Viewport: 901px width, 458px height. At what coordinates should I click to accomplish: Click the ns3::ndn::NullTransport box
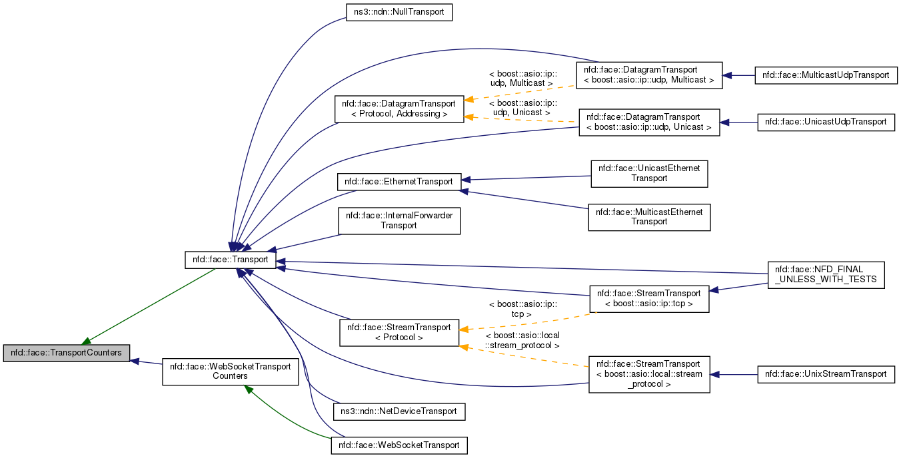click(399, 12)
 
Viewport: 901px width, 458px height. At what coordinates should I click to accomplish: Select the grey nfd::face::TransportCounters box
click(67, 353)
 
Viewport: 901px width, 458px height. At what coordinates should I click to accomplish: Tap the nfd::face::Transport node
click(231, 260)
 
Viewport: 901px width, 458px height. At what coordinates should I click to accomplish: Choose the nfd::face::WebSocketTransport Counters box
click(231, 371)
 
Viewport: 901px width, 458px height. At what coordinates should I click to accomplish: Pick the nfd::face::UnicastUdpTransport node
click(826, 122)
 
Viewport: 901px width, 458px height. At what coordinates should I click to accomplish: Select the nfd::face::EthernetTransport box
click(399, 181)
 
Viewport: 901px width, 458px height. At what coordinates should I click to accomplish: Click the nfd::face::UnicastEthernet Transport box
click(649, 173)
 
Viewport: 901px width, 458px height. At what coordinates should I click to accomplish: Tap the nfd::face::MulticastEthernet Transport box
click(649, 217)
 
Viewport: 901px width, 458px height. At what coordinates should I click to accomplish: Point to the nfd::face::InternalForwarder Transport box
click(399, 220)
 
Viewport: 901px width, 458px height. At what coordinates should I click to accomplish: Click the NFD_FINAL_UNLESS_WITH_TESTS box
click(826, 275)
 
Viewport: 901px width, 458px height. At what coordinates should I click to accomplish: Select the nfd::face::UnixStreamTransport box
click(826, 374)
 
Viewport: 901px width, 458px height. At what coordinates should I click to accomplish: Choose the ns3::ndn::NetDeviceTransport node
click(399, 411)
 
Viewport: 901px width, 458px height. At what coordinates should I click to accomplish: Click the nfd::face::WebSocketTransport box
click(399, 445)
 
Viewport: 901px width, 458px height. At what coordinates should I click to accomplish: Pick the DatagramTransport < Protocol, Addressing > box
click(399, 109)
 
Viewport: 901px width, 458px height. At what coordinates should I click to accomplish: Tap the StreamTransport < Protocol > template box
click(399, 332)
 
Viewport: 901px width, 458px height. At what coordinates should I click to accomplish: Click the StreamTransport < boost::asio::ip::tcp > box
click(648, 298)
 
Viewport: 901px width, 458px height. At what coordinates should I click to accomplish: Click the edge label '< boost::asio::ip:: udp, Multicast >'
click(522, 79)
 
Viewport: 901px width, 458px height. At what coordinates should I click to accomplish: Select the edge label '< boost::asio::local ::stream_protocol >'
click(522, 340)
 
